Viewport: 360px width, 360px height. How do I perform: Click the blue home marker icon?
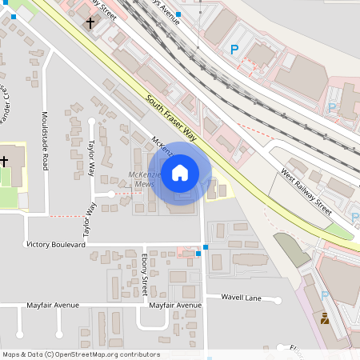coord(180,173)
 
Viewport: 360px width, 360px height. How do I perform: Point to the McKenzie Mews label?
coord(143,179)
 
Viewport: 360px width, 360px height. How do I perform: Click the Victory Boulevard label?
coord(56,244)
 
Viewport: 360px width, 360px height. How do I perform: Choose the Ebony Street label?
coord(145,271)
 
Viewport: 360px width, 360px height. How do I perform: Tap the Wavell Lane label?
coord(242,297)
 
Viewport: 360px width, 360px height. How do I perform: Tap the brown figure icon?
coord(325,318)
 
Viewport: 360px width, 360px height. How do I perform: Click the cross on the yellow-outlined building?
coord(4,162)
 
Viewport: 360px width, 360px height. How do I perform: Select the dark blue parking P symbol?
coord(234,50)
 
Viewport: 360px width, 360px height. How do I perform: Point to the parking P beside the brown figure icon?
coord(324,295)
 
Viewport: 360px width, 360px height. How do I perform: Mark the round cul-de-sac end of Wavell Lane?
coord(279,301)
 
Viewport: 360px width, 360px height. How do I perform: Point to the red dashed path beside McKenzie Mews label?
coord(122,194)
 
